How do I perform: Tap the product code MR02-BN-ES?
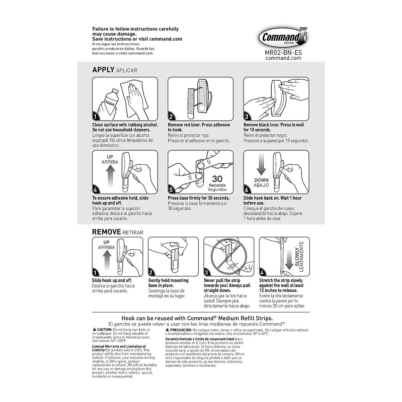tap(283, 52)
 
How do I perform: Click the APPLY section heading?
tap(103, 70)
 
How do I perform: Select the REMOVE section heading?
tap(107, 232)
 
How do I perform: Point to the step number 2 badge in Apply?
tap(171, 117)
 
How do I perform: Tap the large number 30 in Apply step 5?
tap(217, 179)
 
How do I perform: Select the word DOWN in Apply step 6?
tap(261, 180)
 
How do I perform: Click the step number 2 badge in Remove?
tap(151, 273)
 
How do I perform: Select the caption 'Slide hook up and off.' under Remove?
tap(112, 280)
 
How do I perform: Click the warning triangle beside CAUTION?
tap(94, 330)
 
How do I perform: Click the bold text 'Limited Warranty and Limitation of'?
tap(119, 346)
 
